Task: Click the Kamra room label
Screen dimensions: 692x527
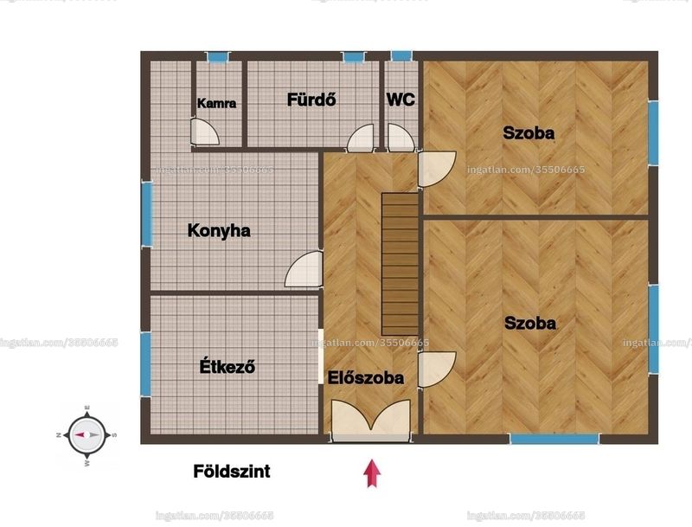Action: tap(216, 103)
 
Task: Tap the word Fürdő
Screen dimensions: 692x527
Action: tap(311, 100)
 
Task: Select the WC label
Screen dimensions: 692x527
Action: tap(400, 100)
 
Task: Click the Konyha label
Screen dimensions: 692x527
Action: tap(219, 231)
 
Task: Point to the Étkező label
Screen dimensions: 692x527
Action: tap(227, 366)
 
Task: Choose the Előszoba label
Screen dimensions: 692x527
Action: tap(366, 378)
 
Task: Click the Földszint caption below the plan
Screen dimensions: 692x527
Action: tap(232, 472)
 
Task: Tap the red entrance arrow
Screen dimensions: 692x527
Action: tap(372, 473)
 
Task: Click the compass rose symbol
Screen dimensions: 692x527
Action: tap(87, 434)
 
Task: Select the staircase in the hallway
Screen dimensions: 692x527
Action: tap(400, 264)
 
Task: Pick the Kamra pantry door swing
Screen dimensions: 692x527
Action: tap(205, 132)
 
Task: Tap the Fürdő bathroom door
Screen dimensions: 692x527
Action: tap(361, 138)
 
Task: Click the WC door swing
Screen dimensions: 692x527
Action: tap(401, 138)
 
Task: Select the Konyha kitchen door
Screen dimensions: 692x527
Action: tap(304, 269)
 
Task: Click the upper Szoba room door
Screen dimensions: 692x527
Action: tap(437, 169)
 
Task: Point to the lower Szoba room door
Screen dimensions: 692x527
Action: tap(437, 370)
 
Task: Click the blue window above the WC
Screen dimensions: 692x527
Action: tap(401, 56)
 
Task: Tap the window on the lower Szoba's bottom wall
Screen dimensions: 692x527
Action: tap(554, 439)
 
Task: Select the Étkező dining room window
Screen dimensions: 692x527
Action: tap(145, 363)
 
